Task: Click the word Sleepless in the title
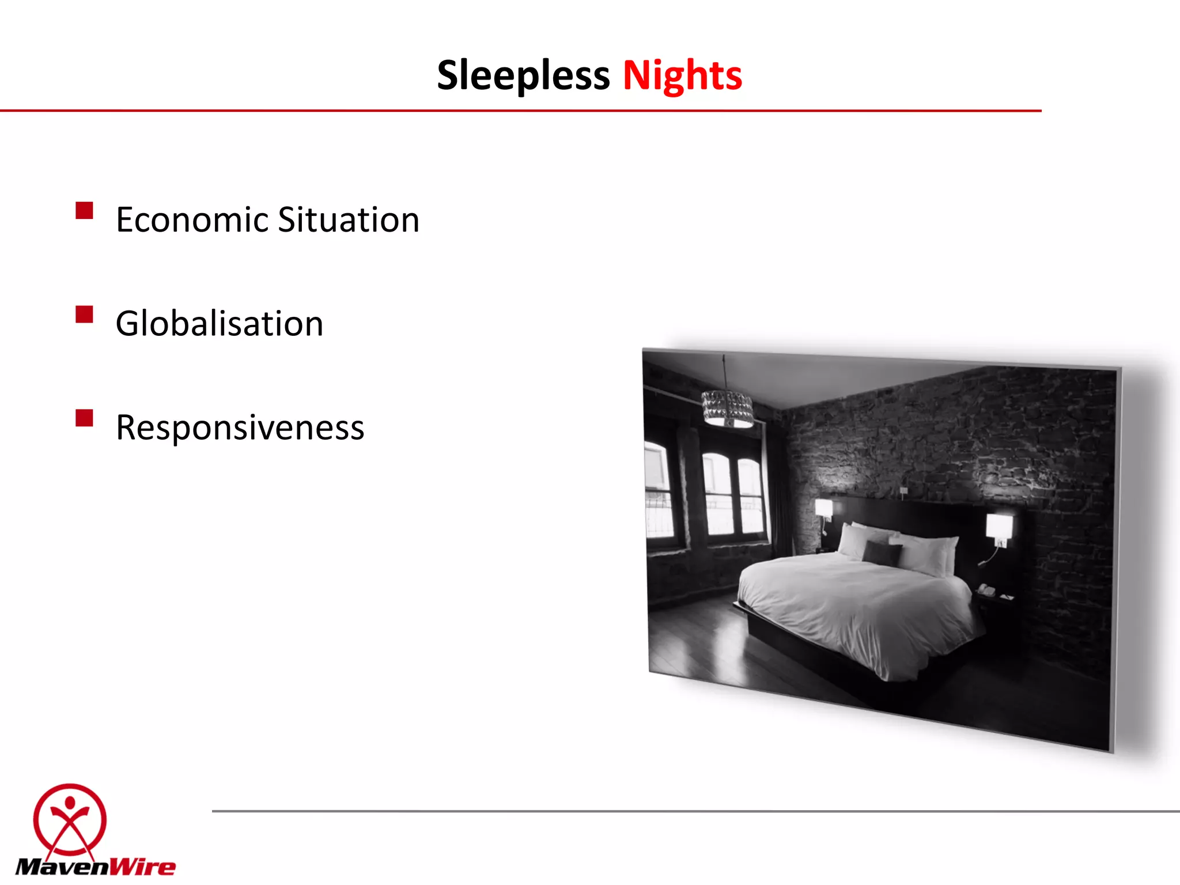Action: (x=523, y=76)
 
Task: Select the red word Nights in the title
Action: (x=682, y=76)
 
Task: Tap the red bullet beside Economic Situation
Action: (x=84, y=210)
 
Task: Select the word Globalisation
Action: (x=219, y=323)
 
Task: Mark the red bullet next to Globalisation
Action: (x=84, y=315)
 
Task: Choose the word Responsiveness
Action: (x=240, y=428)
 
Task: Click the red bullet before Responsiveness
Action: (x=84, y=418)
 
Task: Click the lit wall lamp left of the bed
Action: (x=824, y=509)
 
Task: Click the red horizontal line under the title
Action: (x=519, y=110)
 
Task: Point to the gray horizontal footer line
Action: (x=691, y=811)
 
